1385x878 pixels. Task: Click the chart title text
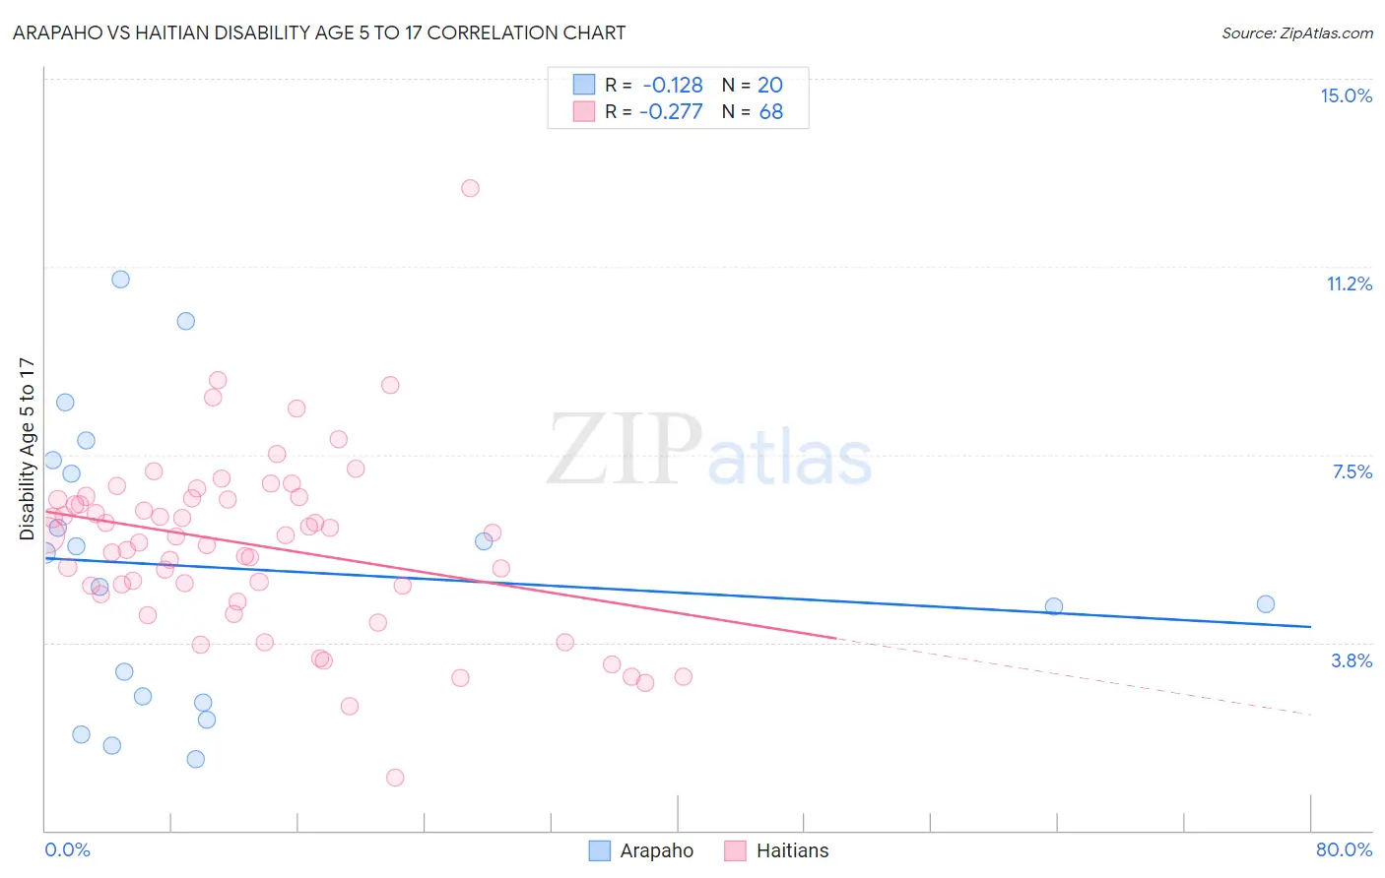click(319, 32)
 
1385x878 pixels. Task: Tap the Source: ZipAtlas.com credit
click(1296, 32)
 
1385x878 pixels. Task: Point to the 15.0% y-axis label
click(1346, 95)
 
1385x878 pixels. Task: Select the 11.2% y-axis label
click(1349, 283)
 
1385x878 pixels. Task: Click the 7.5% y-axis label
click(1352, 471)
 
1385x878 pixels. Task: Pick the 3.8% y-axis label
click(1352, 660)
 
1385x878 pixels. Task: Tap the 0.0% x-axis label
click(67, 849)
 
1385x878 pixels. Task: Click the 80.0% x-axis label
click(1344, 849)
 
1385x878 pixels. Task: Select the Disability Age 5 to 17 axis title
click(27, 449)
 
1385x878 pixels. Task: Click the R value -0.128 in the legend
click(673, 85)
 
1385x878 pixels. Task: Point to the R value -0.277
click(671, 112)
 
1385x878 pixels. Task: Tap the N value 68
click(770, 112)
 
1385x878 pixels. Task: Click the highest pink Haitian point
click(470, 188)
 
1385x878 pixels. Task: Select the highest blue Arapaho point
click(120, 280)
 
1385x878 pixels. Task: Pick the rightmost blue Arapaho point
click(1266, 604)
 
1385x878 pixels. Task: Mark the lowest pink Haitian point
click(395, 778)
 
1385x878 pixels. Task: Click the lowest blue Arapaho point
click(196, 759)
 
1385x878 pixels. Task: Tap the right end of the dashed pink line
click(1310, 714)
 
